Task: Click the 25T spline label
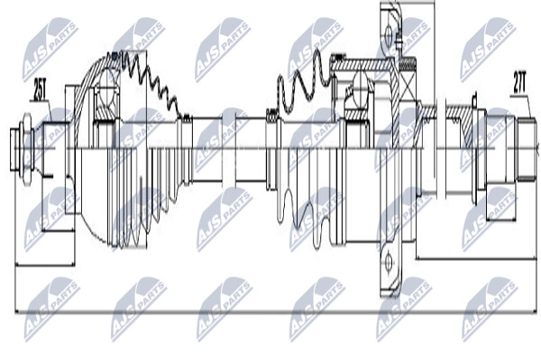click(x=40, y=88)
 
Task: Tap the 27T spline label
click(x=519, y=82)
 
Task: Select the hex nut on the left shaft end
click(x=26, y=149)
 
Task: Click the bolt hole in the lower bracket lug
click(x=389, y=262)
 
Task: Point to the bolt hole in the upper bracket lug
click(x=389, y=34)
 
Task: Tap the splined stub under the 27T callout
click(x=527, y=149)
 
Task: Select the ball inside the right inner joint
click(x=362, y=90)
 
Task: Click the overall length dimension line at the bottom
click(x=276, y=313)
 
